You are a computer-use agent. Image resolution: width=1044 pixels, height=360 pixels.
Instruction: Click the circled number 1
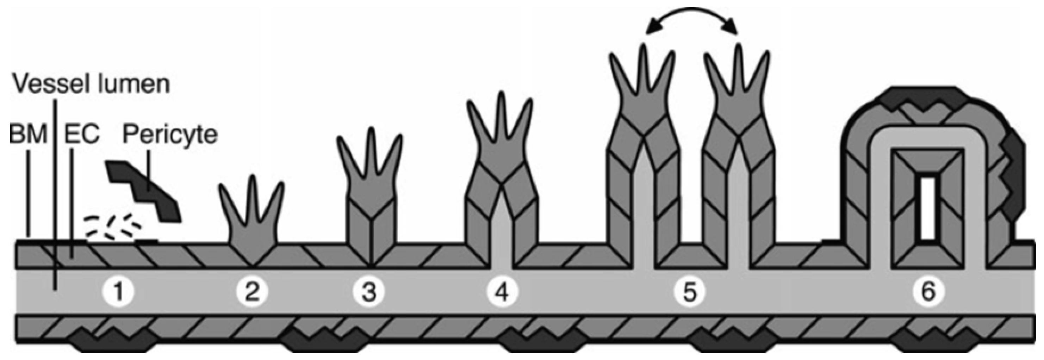point(118,292)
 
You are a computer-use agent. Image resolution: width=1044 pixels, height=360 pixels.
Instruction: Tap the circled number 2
point(252,292)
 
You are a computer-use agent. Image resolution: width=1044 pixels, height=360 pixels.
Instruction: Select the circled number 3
point(369,292)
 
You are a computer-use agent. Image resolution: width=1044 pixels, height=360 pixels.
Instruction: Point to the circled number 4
point(502,292)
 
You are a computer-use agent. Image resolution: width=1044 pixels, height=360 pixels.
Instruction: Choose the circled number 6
point(928,292)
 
